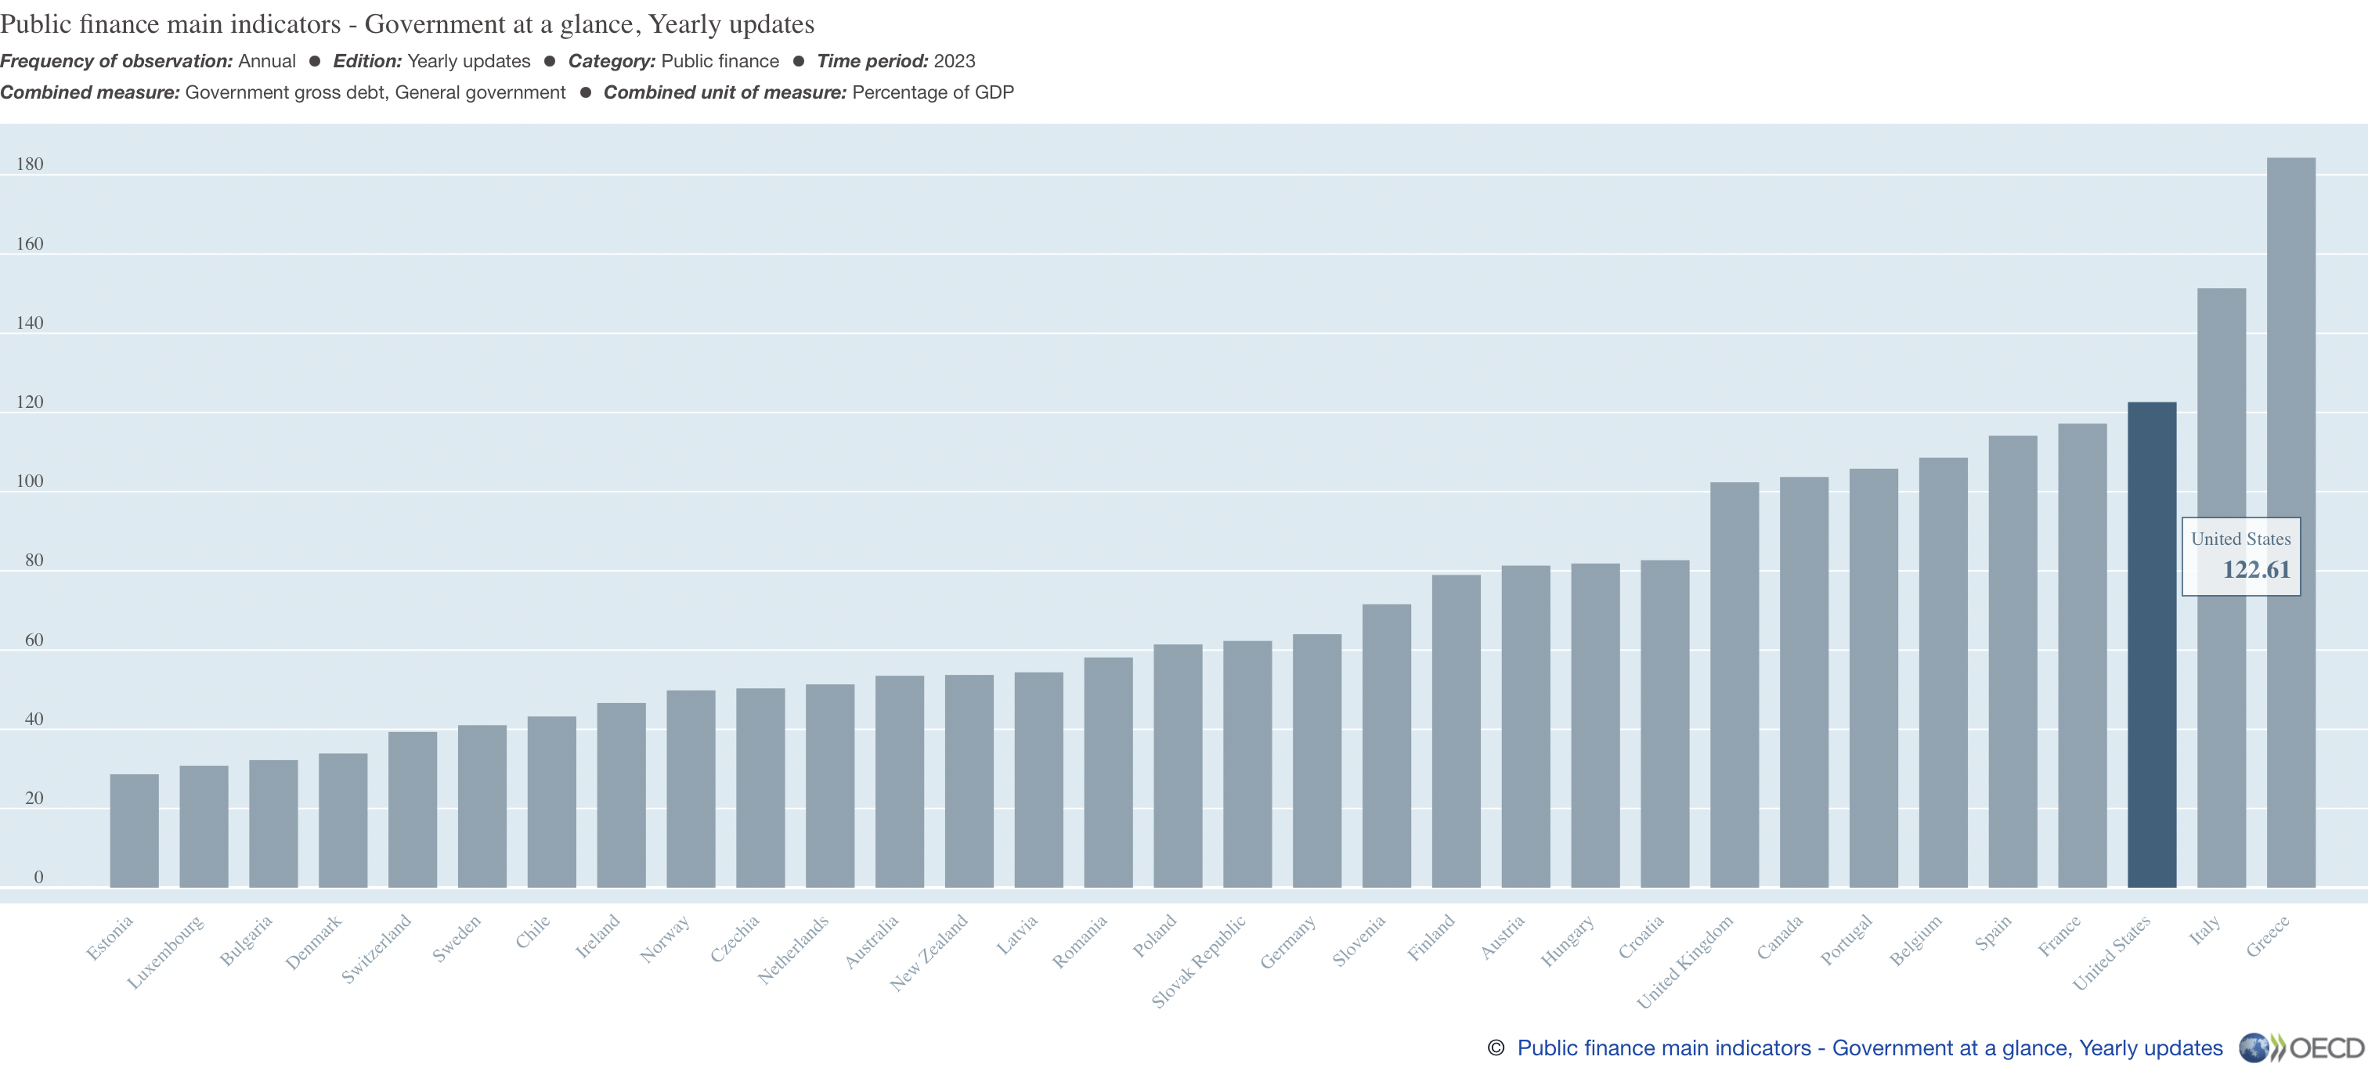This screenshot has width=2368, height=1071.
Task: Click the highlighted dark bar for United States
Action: click(2151, 644)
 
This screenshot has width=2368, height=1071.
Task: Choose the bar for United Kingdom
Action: click(1734, 685)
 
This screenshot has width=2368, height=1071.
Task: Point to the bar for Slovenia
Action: click(1386, 745)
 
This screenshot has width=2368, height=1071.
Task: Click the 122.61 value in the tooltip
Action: click(2256, 570)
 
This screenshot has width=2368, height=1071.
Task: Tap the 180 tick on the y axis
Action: click(30, 164)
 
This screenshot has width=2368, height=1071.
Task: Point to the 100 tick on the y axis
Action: click(30, 481)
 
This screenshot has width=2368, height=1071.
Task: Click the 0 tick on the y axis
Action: click(38, 878)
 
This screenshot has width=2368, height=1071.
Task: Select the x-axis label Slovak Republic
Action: click(1199, 961)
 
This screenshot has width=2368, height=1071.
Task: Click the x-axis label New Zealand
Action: click(929, 953)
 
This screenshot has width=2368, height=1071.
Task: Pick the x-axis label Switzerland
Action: click(376, 949)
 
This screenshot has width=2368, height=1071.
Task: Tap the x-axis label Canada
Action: click(1780, 938)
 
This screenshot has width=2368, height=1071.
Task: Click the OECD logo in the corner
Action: click(2301, 1048)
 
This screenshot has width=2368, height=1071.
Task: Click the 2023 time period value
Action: click(955, 62)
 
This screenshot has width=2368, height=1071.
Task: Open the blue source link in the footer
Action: click(1869, 1048)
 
